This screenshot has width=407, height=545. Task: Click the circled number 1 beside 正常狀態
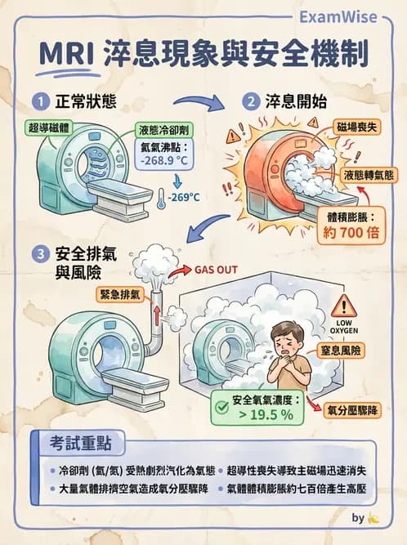coord(40,104)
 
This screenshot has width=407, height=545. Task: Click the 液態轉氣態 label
coord(368,176)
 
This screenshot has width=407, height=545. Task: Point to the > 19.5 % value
coord(263,414)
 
